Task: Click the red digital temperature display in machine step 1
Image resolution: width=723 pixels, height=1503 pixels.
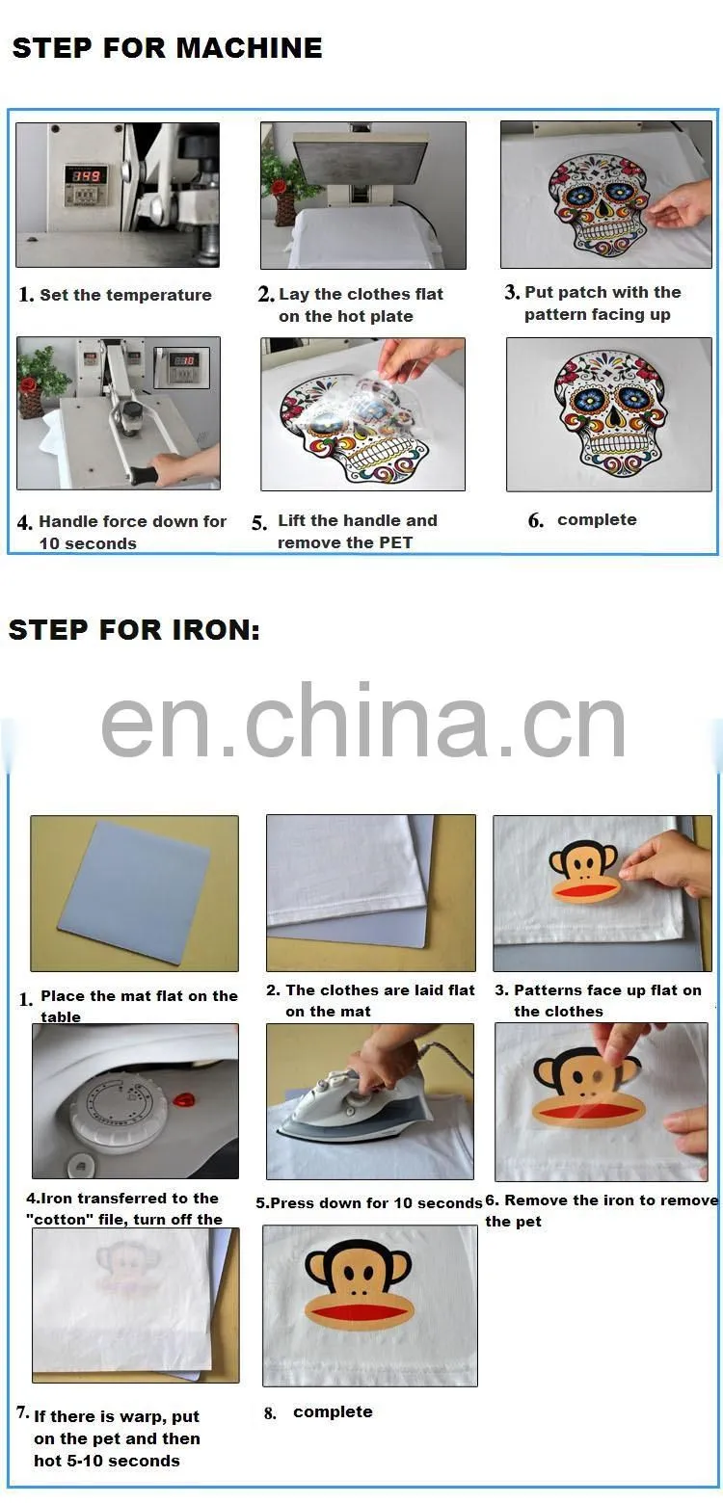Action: coord(87,175)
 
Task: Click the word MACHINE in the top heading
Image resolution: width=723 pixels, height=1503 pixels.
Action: coord(249,48)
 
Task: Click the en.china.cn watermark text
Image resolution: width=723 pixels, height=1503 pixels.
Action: coord(363,722)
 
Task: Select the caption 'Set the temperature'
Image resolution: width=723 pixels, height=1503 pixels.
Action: coord(125,295)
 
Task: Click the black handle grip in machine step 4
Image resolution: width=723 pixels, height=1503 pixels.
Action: coord(145,476)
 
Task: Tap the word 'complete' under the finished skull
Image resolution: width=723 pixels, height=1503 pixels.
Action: coord(597,520)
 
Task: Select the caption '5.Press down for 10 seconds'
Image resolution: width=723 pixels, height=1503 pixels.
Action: coord(369,1203)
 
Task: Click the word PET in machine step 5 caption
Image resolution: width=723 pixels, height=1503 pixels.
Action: coord(396,542)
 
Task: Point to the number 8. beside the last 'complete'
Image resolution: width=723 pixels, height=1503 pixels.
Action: coord(270,1413)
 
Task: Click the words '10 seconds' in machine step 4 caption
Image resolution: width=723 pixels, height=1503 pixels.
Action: coord(88,543)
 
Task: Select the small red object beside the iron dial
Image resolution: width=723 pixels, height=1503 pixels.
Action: coord(182,1099)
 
